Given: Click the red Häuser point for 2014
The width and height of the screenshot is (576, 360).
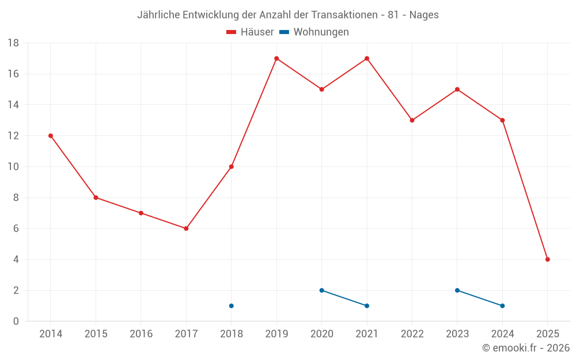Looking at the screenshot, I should coord(51,136).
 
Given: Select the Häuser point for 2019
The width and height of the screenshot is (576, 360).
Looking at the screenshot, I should coord(276,58).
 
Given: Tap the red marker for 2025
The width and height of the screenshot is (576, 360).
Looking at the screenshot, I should coord(548,259).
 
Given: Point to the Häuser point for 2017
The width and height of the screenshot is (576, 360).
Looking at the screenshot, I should coord(186,229).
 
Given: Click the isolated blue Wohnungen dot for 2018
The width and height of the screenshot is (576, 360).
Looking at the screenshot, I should coord(232,306).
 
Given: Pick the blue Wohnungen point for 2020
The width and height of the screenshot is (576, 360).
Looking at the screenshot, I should coord(321,290).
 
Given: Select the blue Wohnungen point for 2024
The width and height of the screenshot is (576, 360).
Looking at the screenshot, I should coord(502,306).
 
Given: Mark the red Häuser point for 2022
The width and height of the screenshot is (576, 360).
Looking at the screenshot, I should coord(412,120).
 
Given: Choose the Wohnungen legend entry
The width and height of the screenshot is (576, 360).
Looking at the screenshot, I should coord(321,32).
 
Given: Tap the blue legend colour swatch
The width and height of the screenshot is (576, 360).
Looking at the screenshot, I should coord(284,32).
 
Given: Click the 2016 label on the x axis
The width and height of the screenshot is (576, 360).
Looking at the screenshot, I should coord(141,334).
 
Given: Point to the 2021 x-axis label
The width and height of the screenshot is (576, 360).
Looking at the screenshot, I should coord(367,334).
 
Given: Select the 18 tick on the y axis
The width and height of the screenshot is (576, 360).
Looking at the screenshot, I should coord(13,43).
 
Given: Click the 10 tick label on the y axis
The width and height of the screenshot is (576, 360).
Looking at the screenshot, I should coord(13,167).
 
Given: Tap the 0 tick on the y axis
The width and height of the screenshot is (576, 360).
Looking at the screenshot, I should coord(16,321).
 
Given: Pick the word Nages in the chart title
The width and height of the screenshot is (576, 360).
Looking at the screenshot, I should coord(424,15).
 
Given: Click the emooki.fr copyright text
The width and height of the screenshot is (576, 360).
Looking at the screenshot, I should coord(526,348).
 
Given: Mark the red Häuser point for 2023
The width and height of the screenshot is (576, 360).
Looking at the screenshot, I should coord(457,89).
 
